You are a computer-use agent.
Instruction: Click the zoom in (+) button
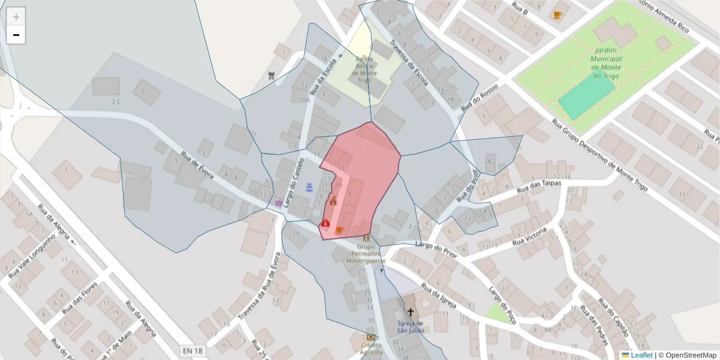(16, 16)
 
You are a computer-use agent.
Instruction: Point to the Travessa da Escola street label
(408, 62)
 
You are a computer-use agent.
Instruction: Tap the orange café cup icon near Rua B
(557, 15)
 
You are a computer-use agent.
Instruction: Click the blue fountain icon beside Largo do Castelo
(310, 188)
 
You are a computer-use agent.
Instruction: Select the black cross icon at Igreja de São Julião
(411, 312)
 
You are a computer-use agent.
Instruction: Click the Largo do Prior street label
(436, 251)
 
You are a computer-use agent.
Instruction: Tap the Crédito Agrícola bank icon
(371, 337)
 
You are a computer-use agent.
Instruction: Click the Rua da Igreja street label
(439, 296)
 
